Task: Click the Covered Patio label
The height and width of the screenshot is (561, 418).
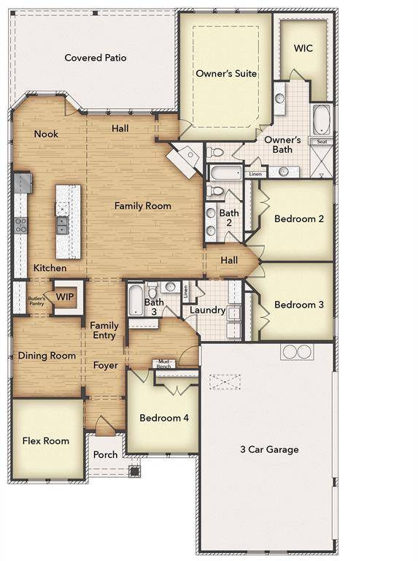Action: pyautogui.click(x=95, y=58)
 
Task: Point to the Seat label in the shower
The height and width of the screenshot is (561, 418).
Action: pyautogui.click(x=321, y=141)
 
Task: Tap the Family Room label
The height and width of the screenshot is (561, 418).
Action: pyautogui.click(x=143, y=206)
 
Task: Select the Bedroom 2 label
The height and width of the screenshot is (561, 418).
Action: pyautogui.click(x=298, y=218)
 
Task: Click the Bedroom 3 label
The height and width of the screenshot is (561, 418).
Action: pyautogui.click(x=298, y=305)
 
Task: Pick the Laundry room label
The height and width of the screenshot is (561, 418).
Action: pyautogui.click(x=207, y=310)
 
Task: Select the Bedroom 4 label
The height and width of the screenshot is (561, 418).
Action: pyautogui.click(x=164, y=418)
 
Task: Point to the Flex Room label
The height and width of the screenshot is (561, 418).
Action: pyautogui.click(x=46, y=440)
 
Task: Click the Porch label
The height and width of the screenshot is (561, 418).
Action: pyautogui.click(x=105, y=454)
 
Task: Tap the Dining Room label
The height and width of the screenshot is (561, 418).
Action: pyautogui.click(x=47, y=356)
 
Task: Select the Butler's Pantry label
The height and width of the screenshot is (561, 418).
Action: pyautogui.click(x=37, y=299)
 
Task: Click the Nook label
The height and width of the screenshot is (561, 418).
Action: pyautogui.click(x=47, y=134)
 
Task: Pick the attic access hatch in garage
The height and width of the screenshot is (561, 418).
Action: pyautogui.click(x=225, y=381)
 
